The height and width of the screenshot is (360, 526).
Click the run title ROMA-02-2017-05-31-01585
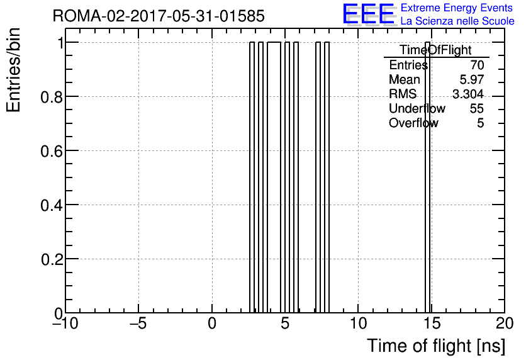click(x=159, y=16)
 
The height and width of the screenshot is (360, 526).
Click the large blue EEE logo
click(x=368, y=14)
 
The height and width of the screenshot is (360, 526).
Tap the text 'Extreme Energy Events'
click(x=457, y=8)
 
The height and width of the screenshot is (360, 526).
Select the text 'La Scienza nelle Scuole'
click(x=457, y=21)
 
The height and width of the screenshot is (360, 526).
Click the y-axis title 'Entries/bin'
click(x=13, y=70)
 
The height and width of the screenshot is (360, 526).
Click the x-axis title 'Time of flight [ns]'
click(x=436, y=346)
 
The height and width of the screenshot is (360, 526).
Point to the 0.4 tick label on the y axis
click(x=52, y=205)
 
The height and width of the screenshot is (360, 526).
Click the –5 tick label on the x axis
click(x=138, y=323)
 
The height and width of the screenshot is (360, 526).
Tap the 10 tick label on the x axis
click(x=358, y=323)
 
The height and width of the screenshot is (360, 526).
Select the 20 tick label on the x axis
click(x=505, y=323)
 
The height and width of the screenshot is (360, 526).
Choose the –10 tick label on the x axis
click(x=65, y=323)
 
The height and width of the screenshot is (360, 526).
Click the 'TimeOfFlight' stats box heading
click(x=436, y=50)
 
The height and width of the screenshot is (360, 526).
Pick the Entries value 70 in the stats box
click(x=477, y=65)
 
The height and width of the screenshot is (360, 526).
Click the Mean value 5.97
click(x=472, y=79)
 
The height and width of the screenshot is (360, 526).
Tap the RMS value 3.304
click(x=468, y=94)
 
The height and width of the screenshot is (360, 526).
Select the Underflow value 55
click(x=477, y=108)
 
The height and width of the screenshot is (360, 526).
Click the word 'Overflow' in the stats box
click(x=413, y=123)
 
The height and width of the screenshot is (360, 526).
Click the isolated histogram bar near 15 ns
click(x=427, y=177)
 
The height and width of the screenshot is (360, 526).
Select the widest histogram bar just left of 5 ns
click(x=274, y=177)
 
